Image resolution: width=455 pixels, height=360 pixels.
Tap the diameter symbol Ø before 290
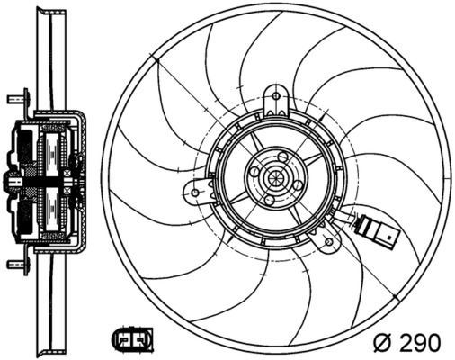pyautogui.click(x=382, y=343)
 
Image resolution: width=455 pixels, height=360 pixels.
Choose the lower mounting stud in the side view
pyautogui.click(x=16, y=265)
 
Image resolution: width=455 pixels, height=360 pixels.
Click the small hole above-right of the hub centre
pyautogui.click(x=284, y=158)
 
